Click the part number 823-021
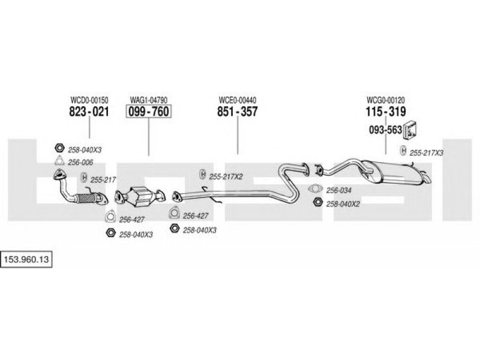[89, 112]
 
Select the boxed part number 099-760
[148, 112]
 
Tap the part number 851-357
[238, 112]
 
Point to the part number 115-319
[386, 112]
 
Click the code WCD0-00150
[89, 100]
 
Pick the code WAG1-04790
[148, 100]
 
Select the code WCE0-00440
[238, 100]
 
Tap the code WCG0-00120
[386, 100]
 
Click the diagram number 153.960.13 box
[26, 260]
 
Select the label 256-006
[80, 163]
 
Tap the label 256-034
[338, 190]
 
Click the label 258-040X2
[343, 204]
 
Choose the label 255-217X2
[226, 176]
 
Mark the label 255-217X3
[426, 153]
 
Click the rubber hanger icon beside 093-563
[411, 129]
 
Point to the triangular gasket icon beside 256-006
[59, 161]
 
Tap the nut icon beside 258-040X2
[318, 202]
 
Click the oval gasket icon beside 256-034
[316, 189]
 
